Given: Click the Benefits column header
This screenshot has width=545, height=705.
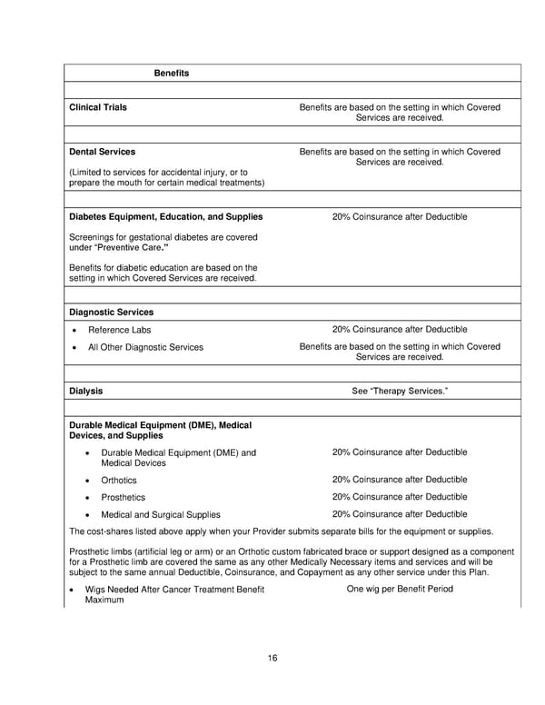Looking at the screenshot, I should point(171,73).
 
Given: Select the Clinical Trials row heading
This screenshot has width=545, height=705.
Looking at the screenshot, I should point(98,107).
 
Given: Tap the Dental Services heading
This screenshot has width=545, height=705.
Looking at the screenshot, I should point(103,152).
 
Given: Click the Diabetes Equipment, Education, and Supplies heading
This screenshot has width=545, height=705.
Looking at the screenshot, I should point(166,217).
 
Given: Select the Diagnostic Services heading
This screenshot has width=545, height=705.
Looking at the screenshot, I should point(104,312).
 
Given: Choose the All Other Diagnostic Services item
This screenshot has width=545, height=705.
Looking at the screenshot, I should point(145,347).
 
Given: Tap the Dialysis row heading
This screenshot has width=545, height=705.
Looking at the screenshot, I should point(86,391).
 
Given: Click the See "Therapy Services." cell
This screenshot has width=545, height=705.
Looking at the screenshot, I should point(400,391).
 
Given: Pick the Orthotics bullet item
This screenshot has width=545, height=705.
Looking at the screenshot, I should point(119,480).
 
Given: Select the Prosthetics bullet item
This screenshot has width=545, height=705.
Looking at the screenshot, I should point(123,498).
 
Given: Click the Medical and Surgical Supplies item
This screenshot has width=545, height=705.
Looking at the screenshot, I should point(161,515).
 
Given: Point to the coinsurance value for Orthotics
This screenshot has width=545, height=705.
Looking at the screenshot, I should point(400,480).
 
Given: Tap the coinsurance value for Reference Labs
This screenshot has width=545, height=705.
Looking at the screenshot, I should point(400,329).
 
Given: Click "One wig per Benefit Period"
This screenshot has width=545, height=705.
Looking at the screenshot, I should point(400,590).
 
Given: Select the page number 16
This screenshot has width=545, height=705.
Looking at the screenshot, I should point(272,658).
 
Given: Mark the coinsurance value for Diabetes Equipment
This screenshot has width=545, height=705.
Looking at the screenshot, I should point(400,217).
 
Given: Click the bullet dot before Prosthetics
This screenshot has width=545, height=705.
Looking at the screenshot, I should point(86,498).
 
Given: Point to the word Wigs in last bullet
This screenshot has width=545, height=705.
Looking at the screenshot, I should point(96,591).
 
